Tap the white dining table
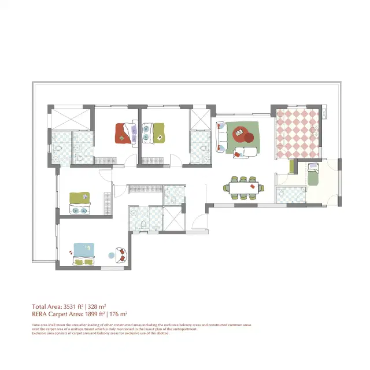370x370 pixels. click(243, 187)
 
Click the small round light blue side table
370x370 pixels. click(112, 255)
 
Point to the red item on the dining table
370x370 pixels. click(252, 186)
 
